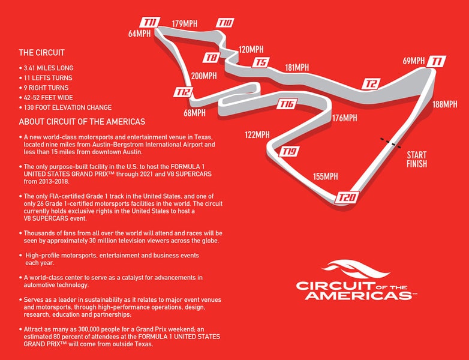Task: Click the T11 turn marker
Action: tap(150, 22)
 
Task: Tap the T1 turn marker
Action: tap(436, 61)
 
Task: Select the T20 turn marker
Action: tap(347, 197)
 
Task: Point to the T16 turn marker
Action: tap(287, 104)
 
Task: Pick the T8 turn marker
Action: tap(212, 57)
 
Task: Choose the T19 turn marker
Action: tap(289, 152)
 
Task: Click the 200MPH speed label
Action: tap(204, 76)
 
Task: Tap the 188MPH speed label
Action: tap(445, 104)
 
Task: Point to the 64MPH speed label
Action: tap(139, 34)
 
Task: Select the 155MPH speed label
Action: tap(326, 176)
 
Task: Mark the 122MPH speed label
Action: tap(257, 134)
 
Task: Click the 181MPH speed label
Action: tap(297, 67)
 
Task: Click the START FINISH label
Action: tap(417, 159)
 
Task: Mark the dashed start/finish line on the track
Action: tap(390, 143)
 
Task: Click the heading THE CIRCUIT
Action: tap(41, 53)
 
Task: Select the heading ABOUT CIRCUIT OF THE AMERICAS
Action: tap(82, 122)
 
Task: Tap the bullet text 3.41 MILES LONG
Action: tap(49, 68)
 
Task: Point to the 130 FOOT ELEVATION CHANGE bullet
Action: tap(68, 107)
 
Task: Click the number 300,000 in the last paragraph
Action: tap(89, 329)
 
